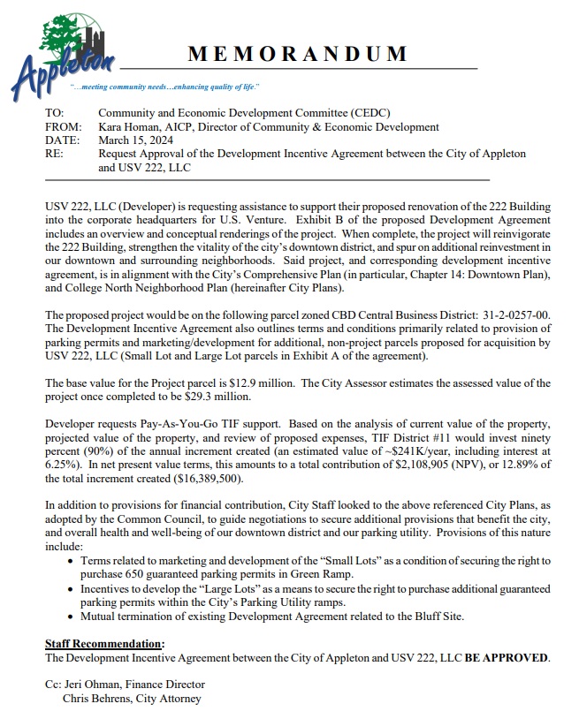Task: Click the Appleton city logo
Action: [65, 53]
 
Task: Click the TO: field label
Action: [55, 114]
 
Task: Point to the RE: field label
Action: [54, 154]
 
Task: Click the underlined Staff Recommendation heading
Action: [104, 643]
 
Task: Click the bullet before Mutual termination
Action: [71, 616]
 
